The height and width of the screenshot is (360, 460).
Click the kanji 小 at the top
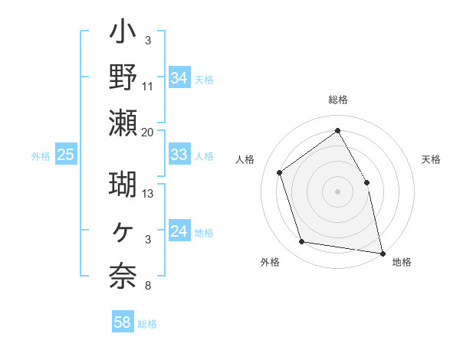pos(123,35)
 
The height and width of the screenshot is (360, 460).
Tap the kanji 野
pos(123,77)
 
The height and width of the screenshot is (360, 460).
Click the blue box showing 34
pos(179,77)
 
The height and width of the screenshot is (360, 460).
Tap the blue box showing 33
pos(179,155)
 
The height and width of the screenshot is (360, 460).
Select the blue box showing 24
pos(179,231)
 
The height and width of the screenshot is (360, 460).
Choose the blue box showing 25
pos(66,155)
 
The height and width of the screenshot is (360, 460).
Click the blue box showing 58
pos(122,322)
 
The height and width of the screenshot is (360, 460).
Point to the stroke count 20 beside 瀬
pos(147,132)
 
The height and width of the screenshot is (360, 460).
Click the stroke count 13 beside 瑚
pos(148,193)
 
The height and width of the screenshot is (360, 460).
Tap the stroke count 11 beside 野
pos(148,86)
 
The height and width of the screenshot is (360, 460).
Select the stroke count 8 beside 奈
pos(147,286)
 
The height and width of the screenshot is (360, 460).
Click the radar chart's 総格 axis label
pos(337,100)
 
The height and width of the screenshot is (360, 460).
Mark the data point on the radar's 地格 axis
pos(383,253)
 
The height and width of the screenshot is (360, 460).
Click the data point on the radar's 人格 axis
pos(280,172)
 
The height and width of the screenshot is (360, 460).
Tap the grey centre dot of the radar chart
pos(337,191)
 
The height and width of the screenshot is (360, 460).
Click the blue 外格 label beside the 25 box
pos(41,155)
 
